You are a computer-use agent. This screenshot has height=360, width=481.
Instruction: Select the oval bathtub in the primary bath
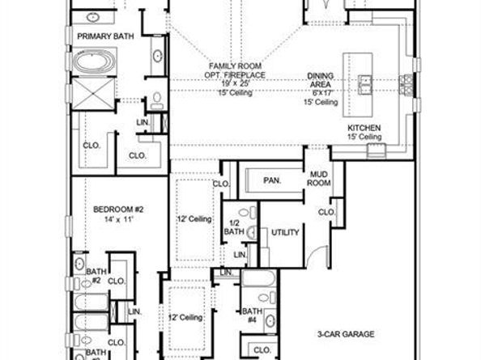pyautogui.click(x=96, y=63)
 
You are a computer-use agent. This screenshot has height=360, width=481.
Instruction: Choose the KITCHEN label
pyautogui.click(x=364, y=129)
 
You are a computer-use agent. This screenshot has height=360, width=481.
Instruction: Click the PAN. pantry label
pyautogui.click(x=272, y=180)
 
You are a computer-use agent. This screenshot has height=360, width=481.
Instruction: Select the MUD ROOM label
pyautogui.click(x=317, y=179)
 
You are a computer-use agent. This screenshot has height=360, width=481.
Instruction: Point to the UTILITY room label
pyautogui.click(x=285, y=232)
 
